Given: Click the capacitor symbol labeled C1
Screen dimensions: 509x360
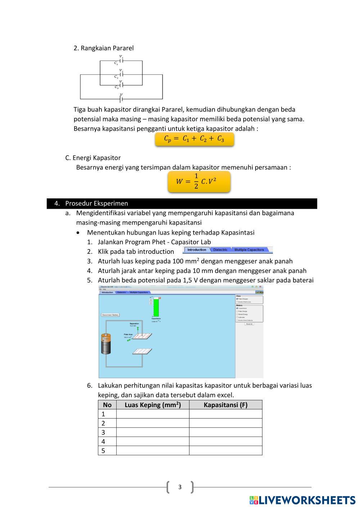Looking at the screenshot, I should click(x=121, y=61).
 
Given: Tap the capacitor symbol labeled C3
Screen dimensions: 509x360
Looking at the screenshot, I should click(x=121, y=85).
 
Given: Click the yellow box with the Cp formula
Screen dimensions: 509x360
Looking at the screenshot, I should click(x=194, y=139).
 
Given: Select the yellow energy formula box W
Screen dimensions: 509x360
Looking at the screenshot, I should click(x=199, y=181).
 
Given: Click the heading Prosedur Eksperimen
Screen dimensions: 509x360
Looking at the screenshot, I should click(x=96, y=203).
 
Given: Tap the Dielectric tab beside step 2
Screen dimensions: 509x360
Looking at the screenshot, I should click(x=220, y=250).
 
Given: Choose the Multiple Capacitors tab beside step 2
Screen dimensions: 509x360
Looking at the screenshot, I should click(x=249, y=250).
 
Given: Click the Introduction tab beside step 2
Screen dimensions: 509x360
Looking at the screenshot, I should click(x=197, y=250).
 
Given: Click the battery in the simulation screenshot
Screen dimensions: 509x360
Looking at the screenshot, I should click(x=106, y=344).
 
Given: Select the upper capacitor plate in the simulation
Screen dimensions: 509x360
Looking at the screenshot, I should click(x=142, y=336).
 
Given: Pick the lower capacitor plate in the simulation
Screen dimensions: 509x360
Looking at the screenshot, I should click(x=142, y=351).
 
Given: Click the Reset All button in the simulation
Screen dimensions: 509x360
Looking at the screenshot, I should click(x=249, y=324).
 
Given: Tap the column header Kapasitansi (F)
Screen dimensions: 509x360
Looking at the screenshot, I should click(x=225, y=405).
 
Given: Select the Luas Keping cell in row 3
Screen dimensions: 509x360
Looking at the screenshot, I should click(x=153, y=432).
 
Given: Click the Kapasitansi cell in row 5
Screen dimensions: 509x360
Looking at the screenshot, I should click(x=225, y=451).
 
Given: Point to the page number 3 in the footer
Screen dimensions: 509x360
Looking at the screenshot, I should click(x=180, y=487).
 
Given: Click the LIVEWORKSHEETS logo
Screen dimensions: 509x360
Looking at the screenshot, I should click(x=302, y=500).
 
